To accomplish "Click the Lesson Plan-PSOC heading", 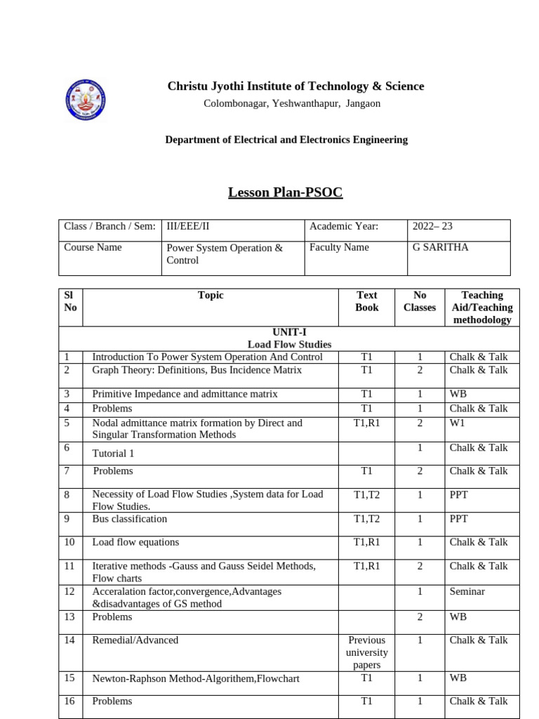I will coord(285,192).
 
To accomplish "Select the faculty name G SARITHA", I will coord(440,248).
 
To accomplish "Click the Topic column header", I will coord(211,296).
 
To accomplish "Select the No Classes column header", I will coord(420,301).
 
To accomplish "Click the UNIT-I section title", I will coord(289,332).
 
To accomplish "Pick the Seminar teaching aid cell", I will coord(467,592).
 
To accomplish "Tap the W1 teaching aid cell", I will coord(458,423).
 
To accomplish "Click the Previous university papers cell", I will coord(366,652).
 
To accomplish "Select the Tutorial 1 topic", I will coord(113,454).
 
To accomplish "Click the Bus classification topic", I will coord(130,520).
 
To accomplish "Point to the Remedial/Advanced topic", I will coord(135,640).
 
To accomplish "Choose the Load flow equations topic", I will coord(135,543).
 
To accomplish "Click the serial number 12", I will coord(69,592).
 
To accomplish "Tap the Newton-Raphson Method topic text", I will coord(196,679).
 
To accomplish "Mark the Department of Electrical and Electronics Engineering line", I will coord(286,140).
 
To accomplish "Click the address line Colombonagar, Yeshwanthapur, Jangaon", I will coord(292,104).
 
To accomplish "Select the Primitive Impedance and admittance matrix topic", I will coord(185,395).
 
